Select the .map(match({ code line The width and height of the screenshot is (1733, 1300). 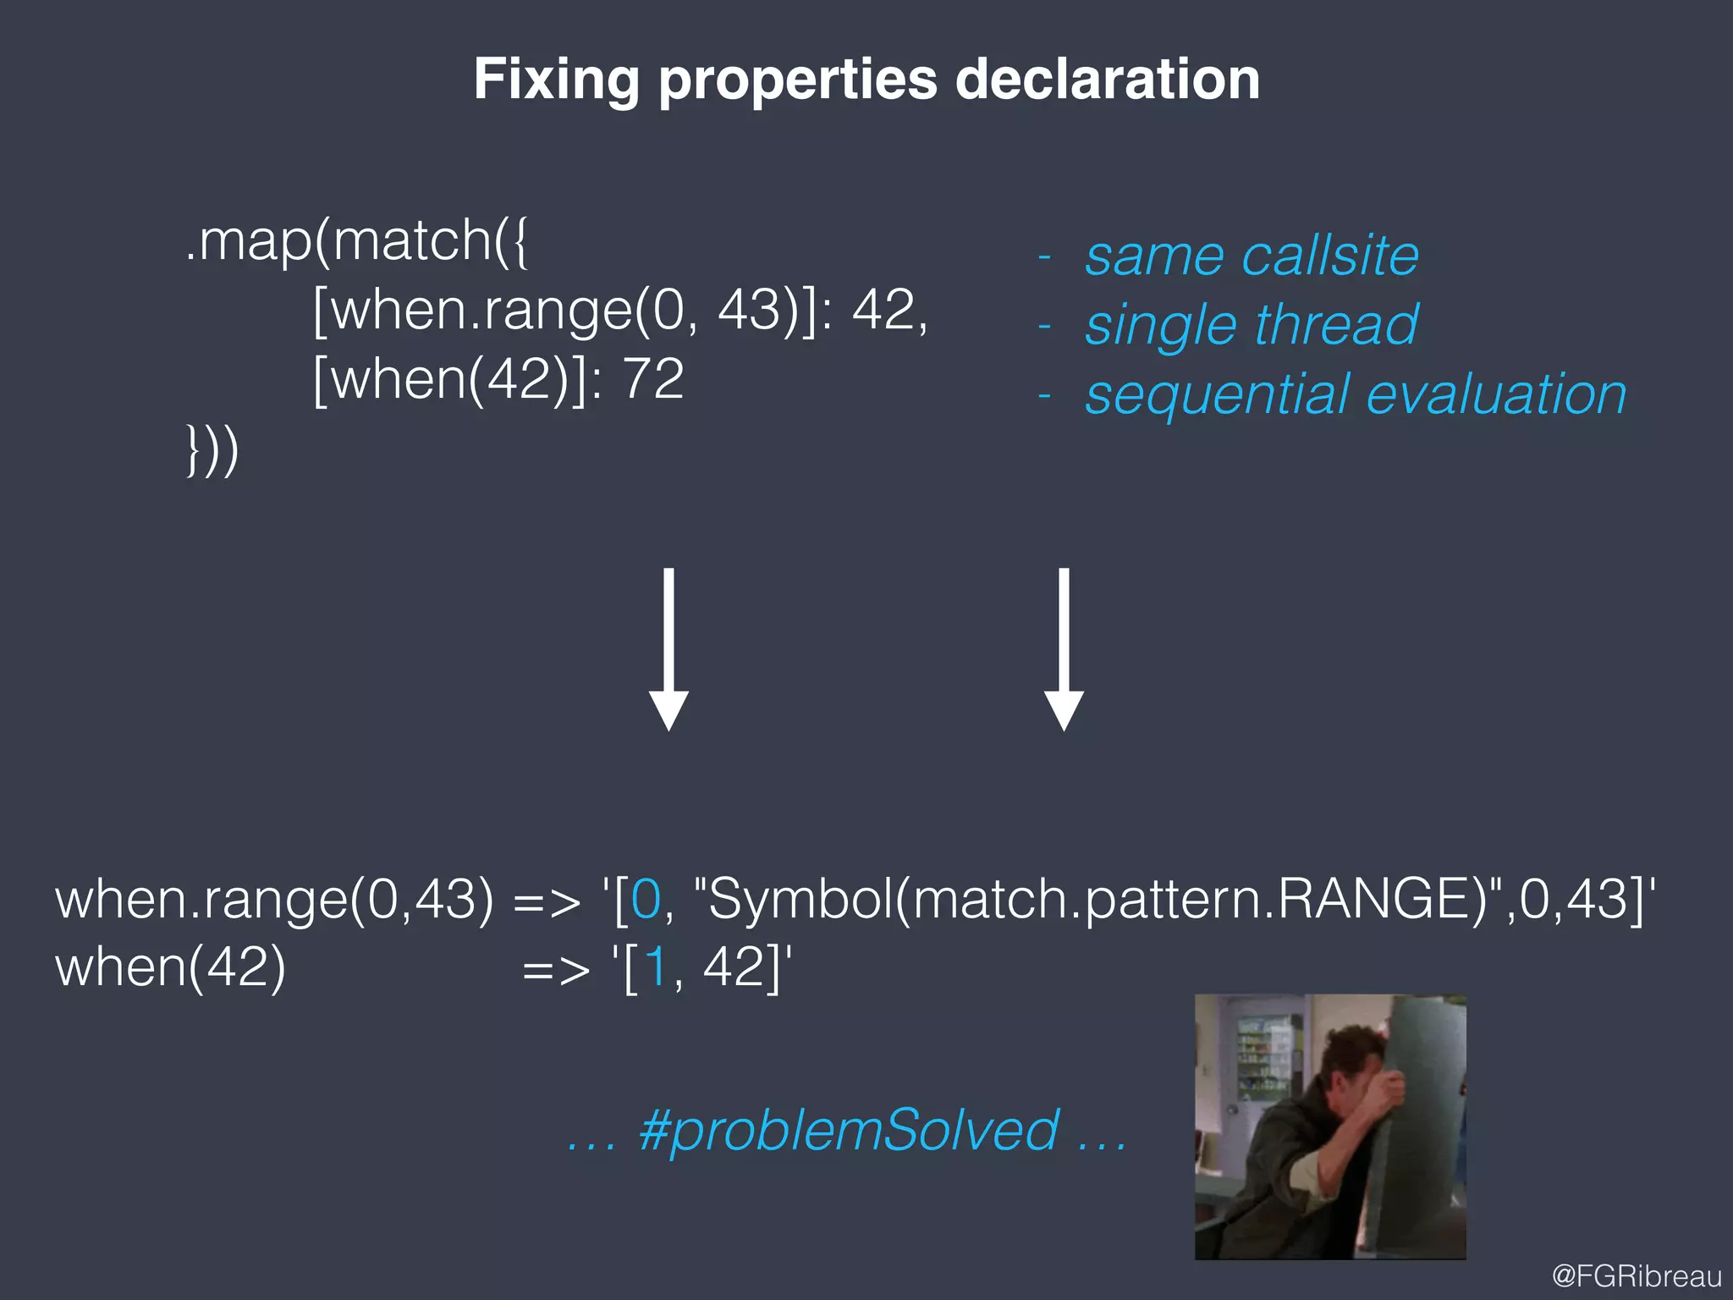pyautogui.click(x=356, y=241)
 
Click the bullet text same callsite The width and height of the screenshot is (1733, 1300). pyautogui.click(x=1251, y=255)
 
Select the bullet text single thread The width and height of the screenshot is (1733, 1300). pyautogui.click(x=1251, y=325)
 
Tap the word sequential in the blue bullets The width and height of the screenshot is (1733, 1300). pyautogui.click(x=1218, y=395)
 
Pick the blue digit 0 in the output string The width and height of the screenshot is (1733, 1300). pyautogui.click(x=646, y=899)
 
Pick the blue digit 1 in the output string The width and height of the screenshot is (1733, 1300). pyautogui.click(x=655, y=967)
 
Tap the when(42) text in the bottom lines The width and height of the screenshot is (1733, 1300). pyautogui.click(x=170, y=967)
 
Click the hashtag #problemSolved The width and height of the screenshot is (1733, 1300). pyautogui.click(x=848, y=1130)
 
